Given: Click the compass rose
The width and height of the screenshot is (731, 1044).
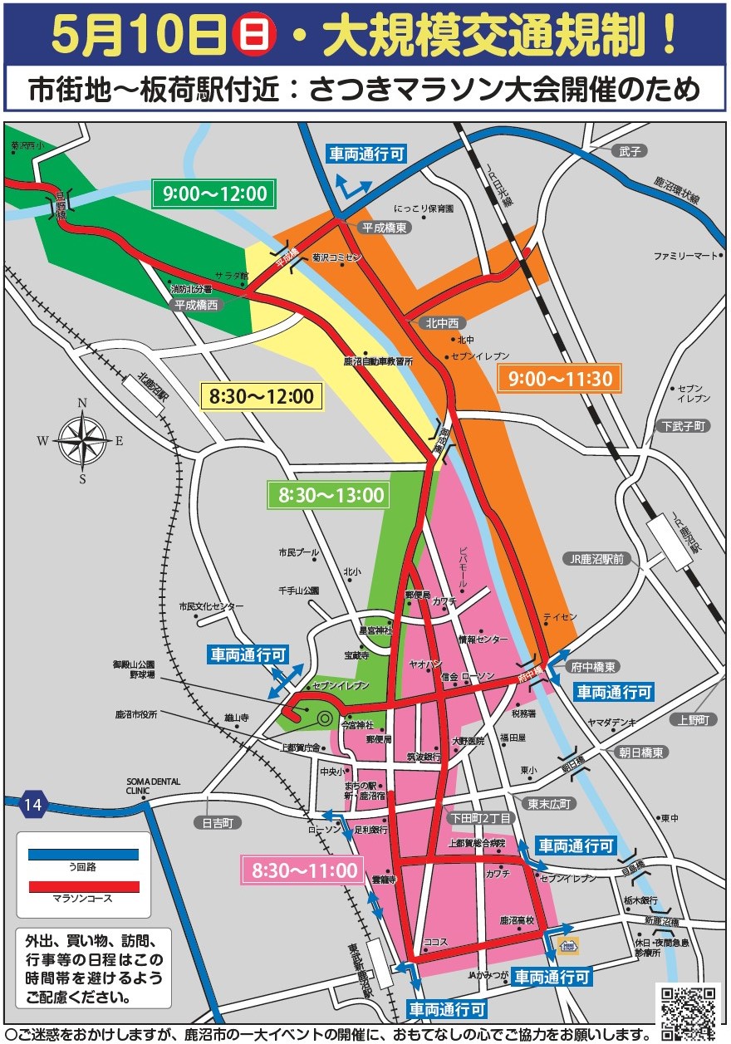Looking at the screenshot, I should (83, 440).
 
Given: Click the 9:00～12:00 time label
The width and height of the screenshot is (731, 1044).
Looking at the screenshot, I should (214, 194).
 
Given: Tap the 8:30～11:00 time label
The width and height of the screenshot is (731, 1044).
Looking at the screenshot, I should (305, 870).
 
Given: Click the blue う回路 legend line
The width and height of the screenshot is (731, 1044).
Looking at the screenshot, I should (83, 853).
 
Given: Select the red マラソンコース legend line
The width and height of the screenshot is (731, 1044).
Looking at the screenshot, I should (83, 886).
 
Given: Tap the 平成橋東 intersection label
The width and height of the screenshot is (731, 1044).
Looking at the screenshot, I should (385, 227).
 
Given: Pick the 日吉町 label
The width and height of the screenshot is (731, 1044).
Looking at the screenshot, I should (217, 823).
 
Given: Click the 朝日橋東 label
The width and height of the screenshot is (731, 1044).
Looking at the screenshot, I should (640, 752).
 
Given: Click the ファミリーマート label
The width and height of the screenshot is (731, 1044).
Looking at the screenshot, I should (684, 255).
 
